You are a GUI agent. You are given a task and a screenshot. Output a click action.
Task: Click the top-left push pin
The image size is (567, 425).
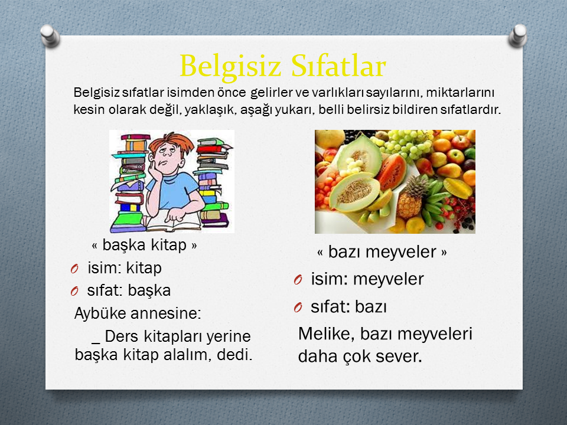(50, 35)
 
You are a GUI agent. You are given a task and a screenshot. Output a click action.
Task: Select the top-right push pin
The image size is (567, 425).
(518, 35)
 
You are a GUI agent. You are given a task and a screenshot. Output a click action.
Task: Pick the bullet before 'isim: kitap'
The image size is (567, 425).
(74, 269)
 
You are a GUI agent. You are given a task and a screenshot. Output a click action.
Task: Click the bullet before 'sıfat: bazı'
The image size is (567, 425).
(298, 308)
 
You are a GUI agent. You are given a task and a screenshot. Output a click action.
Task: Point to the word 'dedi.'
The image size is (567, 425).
(234, 355)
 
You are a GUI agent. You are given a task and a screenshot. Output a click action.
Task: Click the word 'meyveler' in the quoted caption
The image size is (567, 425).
(400, 252)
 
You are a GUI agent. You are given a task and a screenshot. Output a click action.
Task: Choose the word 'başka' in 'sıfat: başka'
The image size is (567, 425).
(149, 291)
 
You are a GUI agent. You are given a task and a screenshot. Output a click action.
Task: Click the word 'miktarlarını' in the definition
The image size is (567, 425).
(460, 93)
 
